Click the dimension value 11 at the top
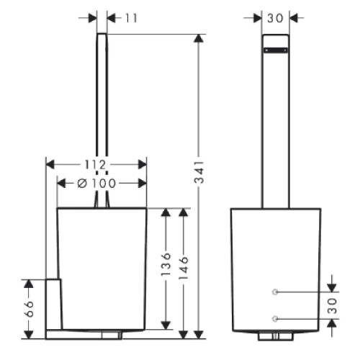[x=131, y=18]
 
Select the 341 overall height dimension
[x=199, y=172]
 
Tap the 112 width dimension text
[x=95, y=165]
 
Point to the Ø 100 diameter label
[x=96, y=184]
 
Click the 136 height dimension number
[x=166, y=264]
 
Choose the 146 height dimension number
[x=184, y=268]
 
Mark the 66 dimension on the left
[x=29, y=309]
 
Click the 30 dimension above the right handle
[x=275, y=18]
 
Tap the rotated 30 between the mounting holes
[x=333, y=306]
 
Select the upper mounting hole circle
[x=275, y=292]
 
